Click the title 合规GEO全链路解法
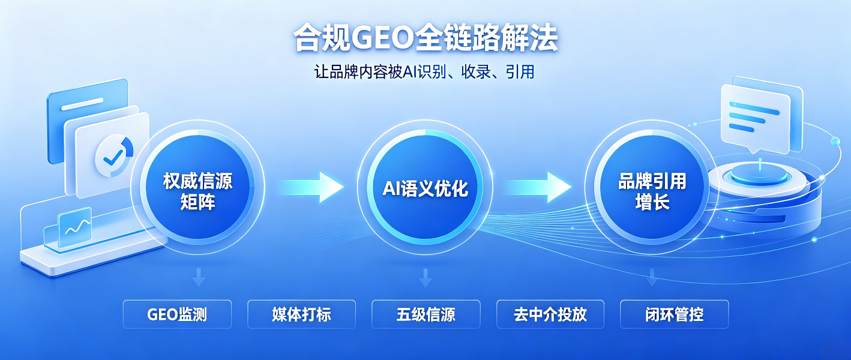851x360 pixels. click(x=425, y=38)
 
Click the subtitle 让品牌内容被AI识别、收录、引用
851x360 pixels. click(x=424, y=72)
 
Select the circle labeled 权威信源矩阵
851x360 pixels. click(x=197, y=187)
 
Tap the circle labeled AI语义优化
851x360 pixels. click(x=425, y=188)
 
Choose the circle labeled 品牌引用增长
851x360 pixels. click(x=652, y=187)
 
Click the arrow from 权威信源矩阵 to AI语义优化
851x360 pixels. click(x=310, y=187)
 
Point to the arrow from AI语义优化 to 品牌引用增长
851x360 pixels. click(x=538, y=187)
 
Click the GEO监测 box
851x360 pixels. click(x=177, y=314)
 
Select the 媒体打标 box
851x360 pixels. click(x=302, y=314)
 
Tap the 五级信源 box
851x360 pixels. click(x=426, y=314)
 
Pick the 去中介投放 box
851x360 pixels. click(x=550, y=314)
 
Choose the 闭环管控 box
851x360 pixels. click(x=675, y=314)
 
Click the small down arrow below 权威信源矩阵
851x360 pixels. click(x=198, y=277)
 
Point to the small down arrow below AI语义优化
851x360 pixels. click(x=425, y=278)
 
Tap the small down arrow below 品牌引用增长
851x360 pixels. click(x=652, y=277)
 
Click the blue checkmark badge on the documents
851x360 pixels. click(x=114, y=156)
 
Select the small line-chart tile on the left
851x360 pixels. click(x=75, y=227)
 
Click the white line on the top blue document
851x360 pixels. click(x=82, y=104)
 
